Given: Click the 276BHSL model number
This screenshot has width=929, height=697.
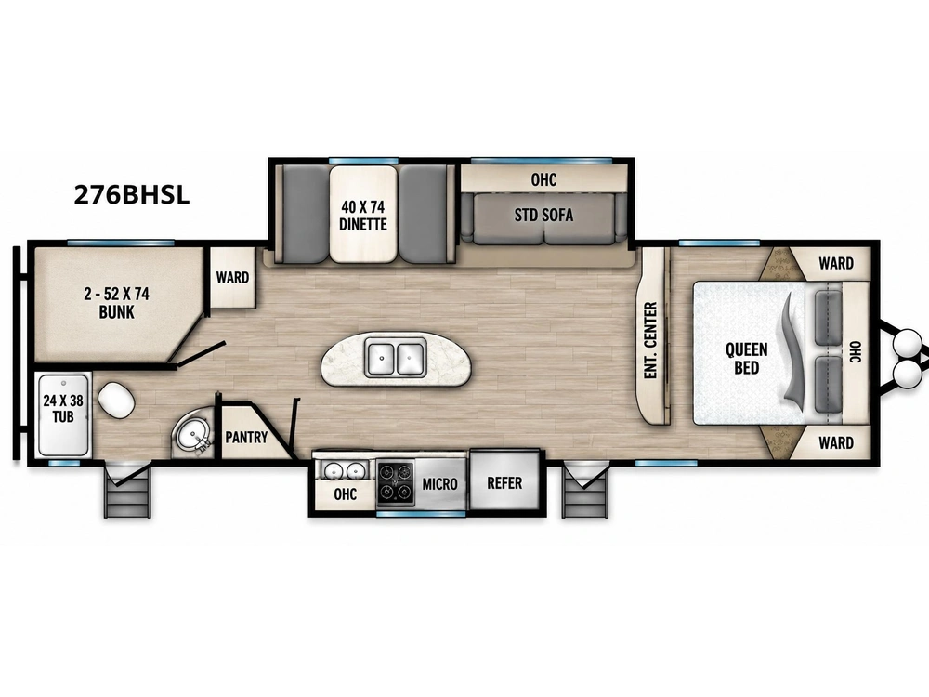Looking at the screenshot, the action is (132, 194).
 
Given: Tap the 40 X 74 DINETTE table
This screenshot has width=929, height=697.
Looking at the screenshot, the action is (363, 215).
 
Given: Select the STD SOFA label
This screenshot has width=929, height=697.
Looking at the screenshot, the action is (543, 215).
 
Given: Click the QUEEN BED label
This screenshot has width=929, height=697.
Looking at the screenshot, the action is (747, 358).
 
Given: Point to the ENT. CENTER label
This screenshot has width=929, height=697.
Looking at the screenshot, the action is (650, 340).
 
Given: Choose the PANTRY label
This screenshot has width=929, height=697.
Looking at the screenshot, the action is (246, 438).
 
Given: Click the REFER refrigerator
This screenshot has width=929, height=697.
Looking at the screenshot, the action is (504, 482).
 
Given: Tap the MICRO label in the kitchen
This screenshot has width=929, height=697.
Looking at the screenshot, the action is (439, 483).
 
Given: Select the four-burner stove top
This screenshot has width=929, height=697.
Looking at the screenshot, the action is (395, 481).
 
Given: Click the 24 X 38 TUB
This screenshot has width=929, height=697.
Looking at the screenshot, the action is (63, 414).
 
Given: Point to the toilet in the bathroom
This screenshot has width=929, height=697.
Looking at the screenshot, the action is (116, 400).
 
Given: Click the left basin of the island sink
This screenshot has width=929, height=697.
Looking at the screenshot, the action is (381, 358).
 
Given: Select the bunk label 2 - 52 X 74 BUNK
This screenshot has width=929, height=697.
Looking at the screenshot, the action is (117, 303).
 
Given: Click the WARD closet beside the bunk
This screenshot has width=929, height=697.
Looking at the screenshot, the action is (232, 277).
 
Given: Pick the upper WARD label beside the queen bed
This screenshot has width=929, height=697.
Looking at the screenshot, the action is (836, 263).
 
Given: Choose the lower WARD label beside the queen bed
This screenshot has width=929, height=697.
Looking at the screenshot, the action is (836, 442).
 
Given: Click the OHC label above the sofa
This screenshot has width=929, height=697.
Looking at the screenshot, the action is (543, 179).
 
